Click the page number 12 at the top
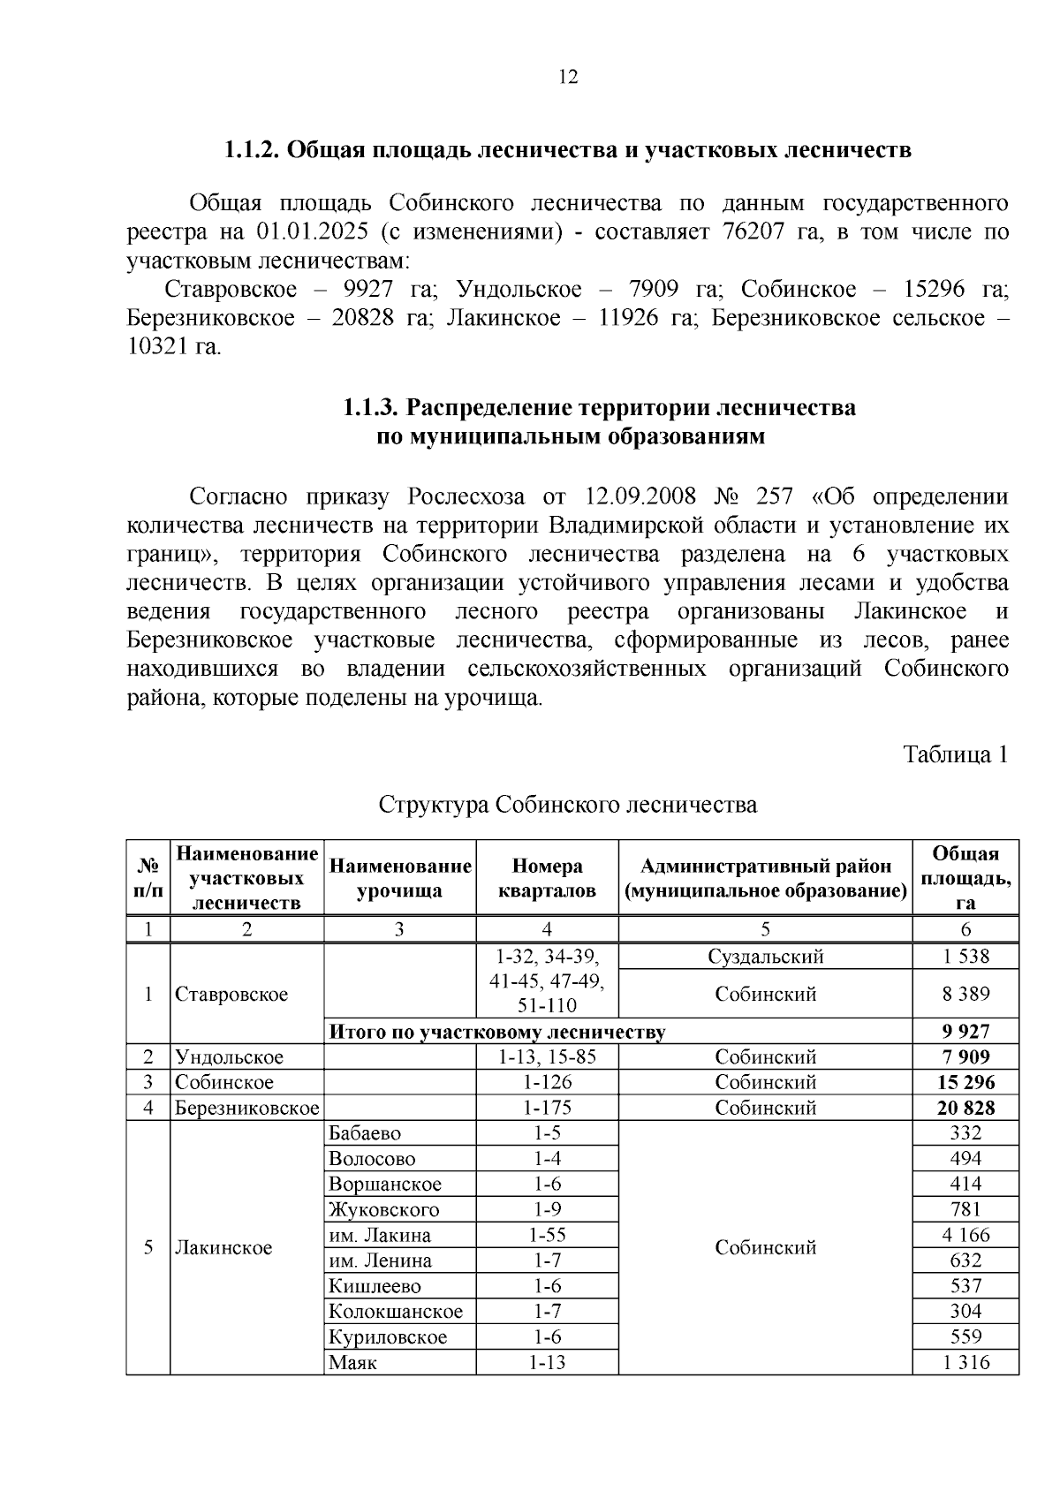coord(568,78)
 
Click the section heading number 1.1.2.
coord(252,149)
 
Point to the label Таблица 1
coord(955,755)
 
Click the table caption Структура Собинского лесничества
coord(568,806)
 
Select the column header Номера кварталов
coord(547,878)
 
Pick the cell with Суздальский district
coord(765,957)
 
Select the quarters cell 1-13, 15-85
coord(547,1057)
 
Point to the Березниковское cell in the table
coord(246,1109)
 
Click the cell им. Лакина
coord(379,1236)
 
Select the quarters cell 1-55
coord(547,1236)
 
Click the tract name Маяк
coord(352,1363)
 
